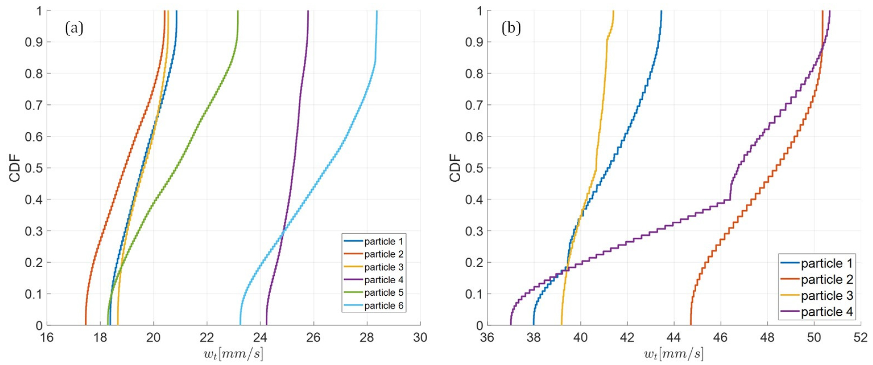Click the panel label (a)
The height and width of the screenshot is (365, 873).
[x=74, y=28]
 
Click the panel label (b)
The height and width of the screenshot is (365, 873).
[x=511, y=28]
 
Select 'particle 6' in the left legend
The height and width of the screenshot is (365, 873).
[x=384, y=306]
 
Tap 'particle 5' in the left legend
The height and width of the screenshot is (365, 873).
[x=384, y=293]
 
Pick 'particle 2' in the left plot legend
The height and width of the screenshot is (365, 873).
[x=384, y=254]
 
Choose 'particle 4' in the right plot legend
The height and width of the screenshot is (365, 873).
[x=827, y=312]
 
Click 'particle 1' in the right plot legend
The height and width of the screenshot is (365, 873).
[x=827, y=264]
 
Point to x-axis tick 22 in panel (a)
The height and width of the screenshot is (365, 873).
[x=207, y=338]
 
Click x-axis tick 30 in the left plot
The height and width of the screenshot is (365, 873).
[x=420, y=338]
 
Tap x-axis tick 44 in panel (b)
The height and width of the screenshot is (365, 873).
[x=674, y=338]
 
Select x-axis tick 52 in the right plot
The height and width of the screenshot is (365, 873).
[x=860, y=338]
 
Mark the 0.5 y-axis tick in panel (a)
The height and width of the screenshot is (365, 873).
[x=34, y=168]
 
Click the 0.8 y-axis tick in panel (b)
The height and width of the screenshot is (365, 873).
[x=474, y=74]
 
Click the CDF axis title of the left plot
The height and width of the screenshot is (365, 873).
[x=15, y=168]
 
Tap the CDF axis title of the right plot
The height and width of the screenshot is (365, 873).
[x=455, y=168]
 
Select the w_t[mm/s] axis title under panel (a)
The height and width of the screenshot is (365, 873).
[x=233, y=354]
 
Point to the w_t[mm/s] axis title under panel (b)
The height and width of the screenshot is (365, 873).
[x=673, y=354]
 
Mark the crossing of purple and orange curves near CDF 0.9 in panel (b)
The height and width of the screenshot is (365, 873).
[x=822, y=45]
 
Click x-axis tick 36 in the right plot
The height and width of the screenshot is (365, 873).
[x=487, y=338]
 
